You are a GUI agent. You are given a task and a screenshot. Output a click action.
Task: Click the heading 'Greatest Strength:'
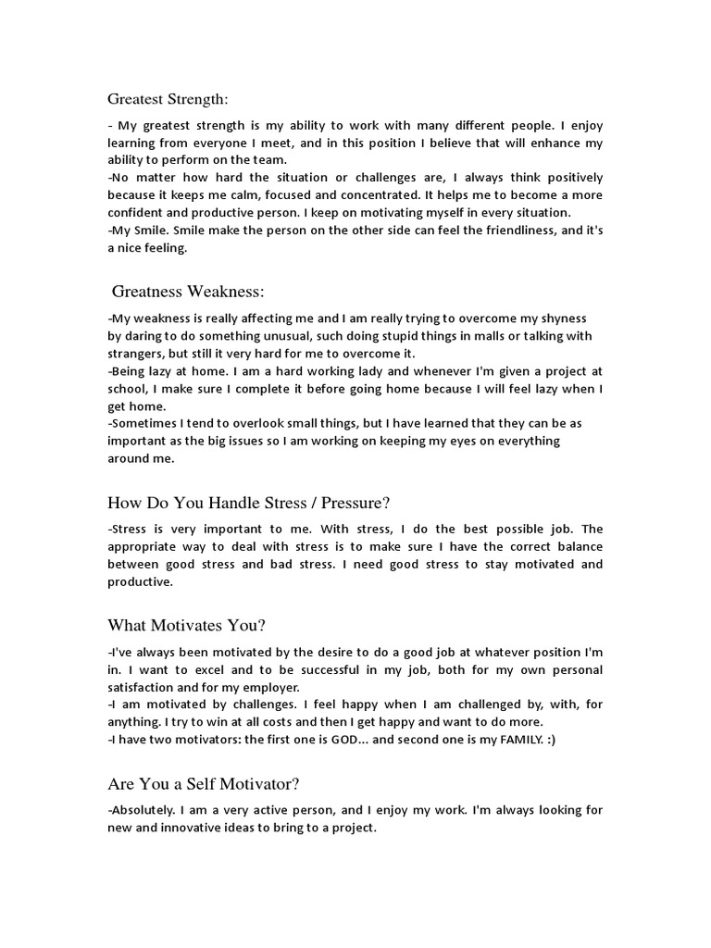click(x=168, y=98)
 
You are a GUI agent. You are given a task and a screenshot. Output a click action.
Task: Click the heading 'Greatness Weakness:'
click(x=188, y=292)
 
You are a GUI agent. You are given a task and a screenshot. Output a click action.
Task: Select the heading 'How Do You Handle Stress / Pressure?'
click(x=249, y=503)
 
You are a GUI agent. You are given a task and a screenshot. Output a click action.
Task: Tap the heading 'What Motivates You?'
click(x=187, y=625)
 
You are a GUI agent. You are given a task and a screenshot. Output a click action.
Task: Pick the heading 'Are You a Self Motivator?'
click(x=204, y=784)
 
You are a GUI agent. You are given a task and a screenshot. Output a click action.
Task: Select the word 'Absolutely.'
click(x=142, y=810)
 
